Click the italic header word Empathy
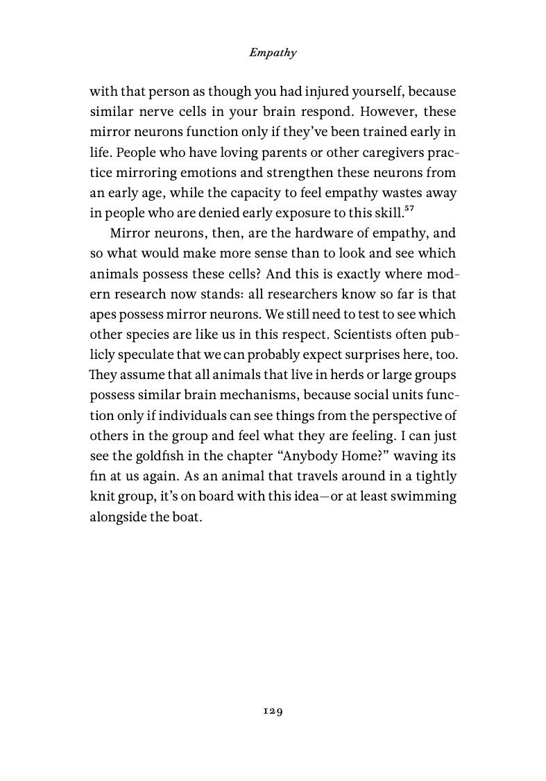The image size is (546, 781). pyautogui.click(x=273, y=53)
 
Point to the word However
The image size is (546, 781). pyautogui.click(x=379, y=111)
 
